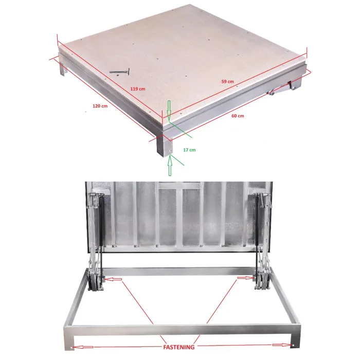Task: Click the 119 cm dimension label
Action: point(138,88)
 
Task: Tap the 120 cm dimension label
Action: point(100,106)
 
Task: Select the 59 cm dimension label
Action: point(227,81)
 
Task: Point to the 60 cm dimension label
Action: point(238,116)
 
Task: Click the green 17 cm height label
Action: point(189,150)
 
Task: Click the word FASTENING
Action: point(178,347)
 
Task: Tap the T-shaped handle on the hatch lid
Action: point(120,71)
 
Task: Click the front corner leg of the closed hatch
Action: point(164,146)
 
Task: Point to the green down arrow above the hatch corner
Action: point(169,110)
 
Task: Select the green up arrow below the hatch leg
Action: point(170,165)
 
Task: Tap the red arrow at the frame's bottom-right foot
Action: point(282,345)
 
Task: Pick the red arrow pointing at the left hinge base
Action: point(113,279)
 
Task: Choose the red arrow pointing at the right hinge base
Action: point(246,278)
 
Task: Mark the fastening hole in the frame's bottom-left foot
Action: point(73,348)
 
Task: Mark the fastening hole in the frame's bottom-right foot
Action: point(293,345)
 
